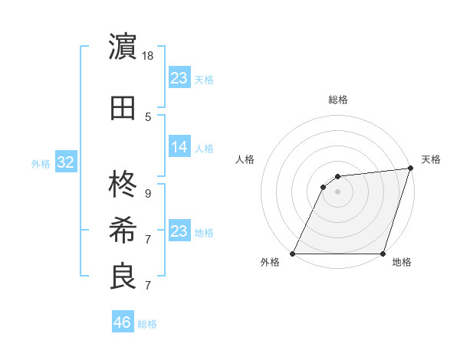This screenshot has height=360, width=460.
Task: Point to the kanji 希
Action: [123, 229]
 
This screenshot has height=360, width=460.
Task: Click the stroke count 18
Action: [149, 56]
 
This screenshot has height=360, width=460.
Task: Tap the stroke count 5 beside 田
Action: [148, 116]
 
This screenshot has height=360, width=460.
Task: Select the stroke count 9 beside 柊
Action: [148, 193]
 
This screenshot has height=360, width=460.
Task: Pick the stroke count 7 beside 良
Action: [148, 286]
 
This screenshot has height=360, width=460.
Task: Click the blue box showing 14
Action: [179, 147]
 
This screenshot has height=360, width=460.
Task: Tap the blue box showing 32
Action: [65, 162]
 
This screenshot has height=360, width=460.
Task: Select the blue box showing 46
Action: [123, 322]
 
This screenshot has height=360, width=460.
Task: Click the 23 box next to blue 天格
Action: [179, 78]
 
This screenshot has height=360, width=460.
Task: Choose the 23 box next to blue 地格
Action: [179, 231]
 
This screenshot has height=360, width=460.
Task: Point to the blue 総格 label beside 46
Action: [147, 324]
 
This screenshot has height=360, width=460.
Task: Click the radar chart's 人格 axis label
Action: [245, 159]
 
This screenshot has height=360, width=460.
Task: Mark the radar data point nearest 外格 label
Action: [293, 254]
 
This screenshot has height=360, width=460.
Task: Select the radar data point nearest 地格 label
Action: [383, 254]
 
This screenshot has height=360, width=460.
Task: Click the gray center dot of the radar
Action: [337, 192]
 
